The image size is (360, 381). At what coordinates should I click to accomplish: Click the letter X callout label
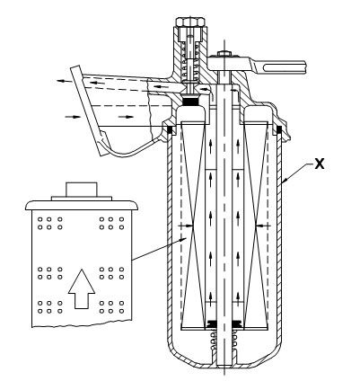click(x=320, y=164)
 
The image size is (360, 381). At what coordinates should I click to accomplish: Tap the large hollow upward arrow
click(x=82, y=288)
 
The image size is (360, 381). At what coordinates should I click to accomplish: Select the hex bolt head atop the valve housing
click(x=190, y=22)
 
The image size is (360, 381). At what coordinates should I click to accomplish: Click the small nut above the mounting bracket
click(x=224, y=53)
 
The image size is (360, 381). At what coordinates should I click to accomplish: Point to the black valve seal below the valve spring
click(x=190, y=102)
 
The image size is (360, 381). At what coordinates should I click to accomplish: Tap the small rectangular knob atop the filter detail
click(x=82, y=190)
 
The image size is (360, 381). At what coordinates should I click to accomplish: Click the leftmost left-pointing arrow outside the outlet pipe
click(x=64, y=81)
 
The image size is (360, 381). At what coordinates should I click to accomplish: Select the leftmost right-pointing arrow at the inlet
click(x=73, y=117)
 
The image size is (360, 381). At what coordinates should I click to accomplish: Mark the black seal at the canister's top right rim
click(x=279, y=129)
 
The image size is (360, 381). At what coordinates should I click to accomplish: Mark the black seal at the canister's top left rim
click(x=170, y=129)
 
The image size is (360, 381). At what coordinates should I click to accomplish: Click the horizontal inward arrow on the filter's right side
click(x=263, y=225)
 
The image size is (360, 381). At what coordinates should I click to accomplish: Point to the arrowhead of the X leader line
click(x=285, y=180)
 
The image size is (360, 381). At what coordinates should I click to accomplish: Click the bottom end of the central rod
click(x=224, y=365)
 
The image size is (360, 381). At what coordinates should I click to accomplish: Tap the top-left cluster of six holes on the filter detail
click(x=49, y=224)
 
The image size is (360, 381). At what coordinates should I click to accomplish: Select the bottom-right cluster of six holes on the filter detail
click(x=111, y=307)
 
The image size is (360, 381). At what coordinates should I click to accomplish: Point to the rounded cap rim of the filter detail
click(x=82, y=205)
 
